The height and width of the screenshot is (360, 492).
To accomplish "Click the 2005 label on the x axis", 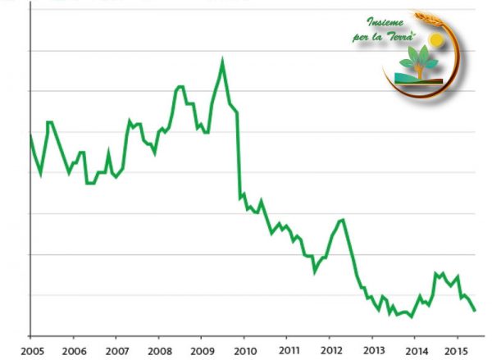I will coord(30,349).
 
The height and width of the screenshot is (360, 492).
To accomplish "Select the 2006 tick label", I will coord(73,349).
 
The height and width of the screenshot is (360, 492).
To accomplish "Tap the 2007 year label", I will coord(116,349).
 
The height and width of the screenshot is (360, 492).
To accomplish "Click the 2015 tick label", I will coord(458,349).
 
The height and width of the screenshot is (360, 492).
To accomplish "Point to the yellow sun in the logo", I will coord(436,39).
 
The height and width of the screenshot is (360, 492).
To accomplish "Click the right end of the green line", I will coord(475,310).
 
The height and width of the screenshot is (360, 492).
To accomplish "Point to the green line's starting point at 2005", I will coord(30,134).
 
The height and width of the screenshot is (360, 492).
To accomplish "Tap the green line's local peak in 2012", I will coord(342,219).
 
